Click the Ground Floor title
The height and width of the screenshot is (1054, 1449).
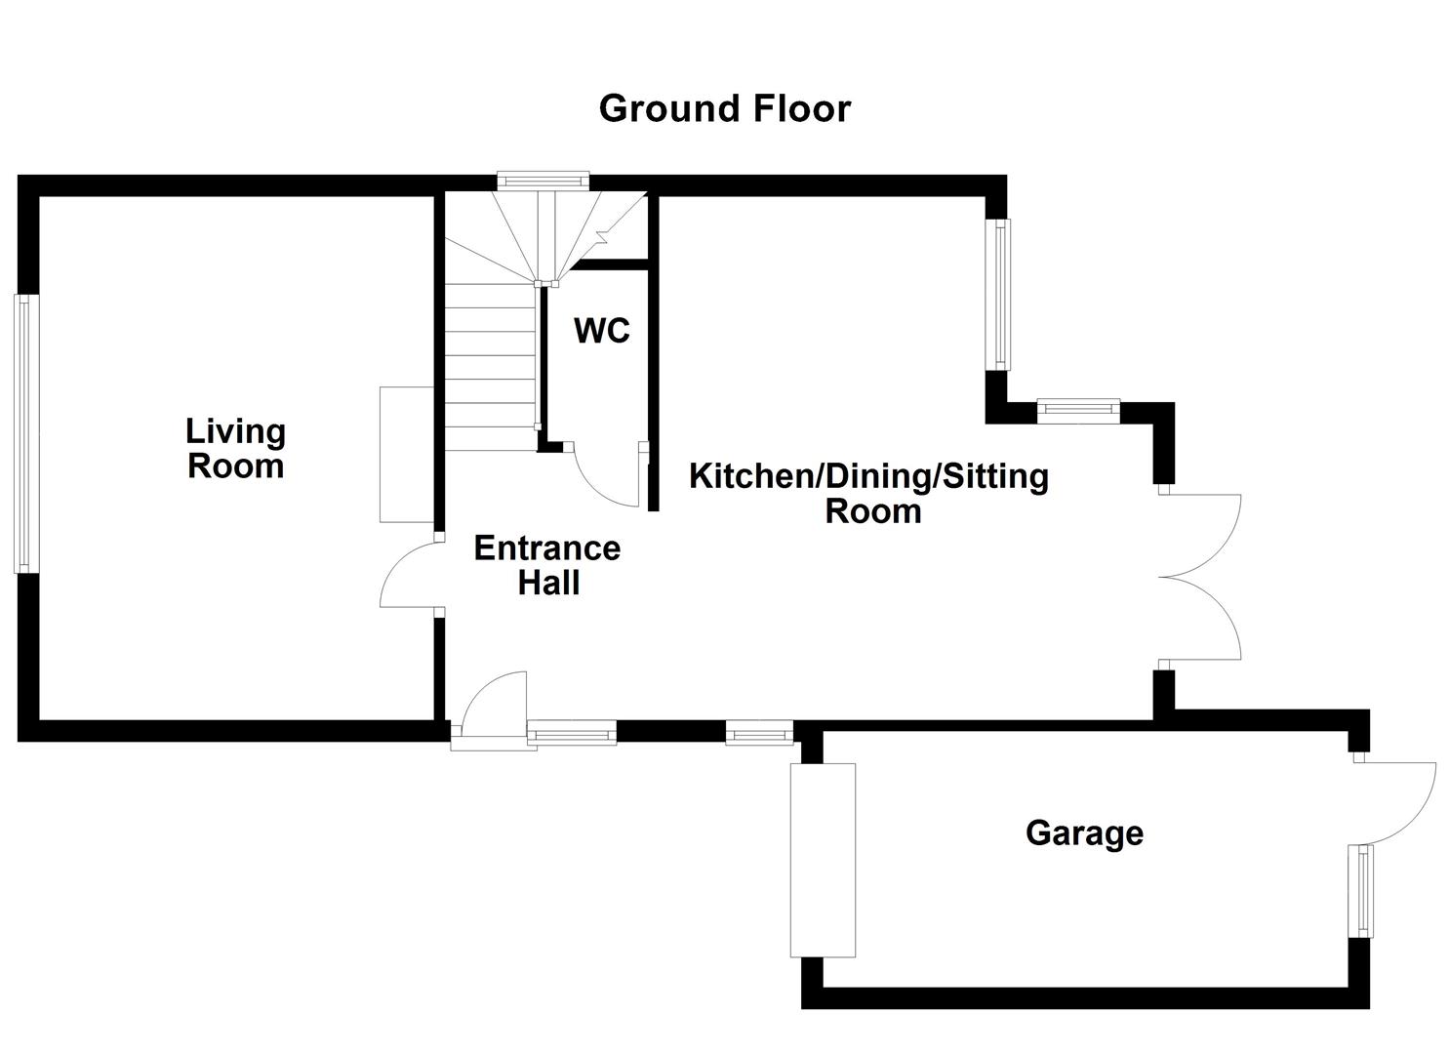click(724, 108)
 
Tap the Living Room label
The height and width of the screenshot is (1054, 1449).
click(235, 449)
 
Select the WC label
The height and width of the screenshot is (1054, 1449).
click(602, 331)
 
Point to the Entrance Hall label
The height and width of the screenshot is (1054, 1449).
click(547, 566)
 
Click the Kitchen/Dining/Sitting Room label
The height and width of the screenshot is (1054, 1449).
click(868, 494)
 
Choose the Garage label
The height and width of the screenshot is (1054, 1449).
click(1084, 833)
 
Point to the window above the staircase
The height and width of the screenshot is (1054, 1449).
click(543, 181)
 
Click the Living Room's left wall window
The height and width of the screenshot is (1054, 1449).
click(26, 433)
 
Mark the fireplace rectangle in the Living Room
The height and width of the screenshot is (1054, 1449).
click(407, 454)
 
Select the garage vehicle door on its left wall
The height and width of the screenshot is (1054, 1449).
click(823, 860)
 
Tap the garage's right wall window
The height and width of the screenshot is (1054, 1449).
click(1360, 891)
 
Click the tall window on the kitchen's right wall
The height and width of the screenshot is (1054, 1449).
click(1000, 294)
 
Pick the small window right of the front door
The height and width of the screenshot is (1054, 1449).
click(572, 732)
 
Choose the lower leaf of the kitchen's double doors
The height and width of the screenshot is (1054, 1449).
click(1205, 620)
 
